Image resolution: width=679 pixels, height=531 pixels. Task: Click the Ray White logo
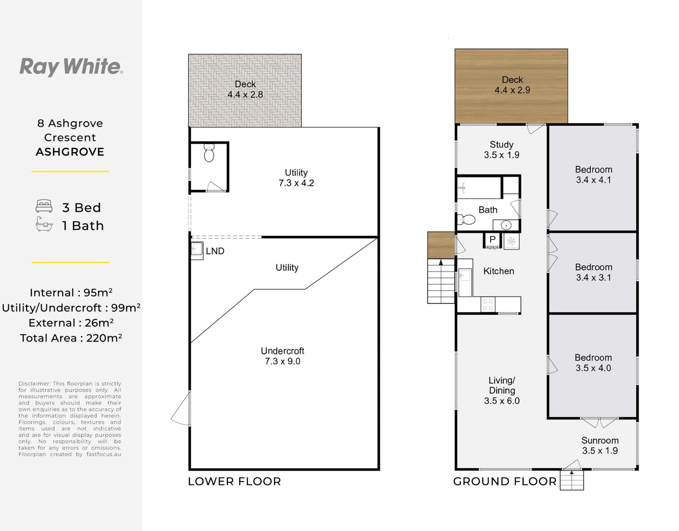(x=71, y=67)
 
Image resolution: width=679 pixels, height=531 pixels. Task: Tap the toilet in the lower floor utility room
(x=209, y=153)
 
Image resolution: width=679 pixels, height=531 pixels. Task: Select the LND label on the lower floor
(x=215, y=251)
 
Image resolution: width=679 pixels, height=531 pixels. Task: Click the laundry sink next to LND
(x=197, y=251)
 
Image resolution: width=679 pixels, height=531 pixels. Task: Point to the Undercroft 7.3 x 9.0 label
(x=282, y=356)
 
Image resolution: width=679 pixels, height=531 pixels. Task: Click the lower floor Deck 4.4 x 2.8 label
(x=245, y=89)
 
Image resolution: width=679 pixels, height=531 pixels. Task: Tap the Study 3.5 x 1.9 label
(x=501, y=150)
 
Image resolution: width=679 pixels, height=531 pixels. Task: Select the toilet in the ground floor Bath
(x=466, y=219)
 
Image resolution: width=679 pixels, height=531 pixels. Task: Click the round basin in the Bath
(x=506, y=225)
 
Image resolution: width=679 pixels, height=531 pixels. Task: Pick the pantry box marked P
(x=492, y=240)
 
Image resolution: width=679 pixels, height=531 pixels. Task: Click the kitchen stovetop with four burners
(x=488, y=304)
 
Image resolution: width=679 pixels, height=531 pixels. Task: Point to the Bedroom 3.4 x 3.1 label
(x=593, y=272)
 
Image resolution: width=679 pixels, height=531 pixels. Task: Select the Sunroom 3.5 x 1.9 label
(x=600, y=445)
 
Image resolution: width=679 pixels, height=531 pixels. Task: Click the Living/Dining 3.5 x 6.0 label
(x=502, y=390)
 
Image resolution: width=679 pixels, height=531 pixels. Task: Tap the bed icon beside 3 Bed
(x=44, y=206)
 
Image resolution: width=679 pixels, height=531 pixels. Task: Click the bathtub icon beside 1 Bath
(x=44, y=224)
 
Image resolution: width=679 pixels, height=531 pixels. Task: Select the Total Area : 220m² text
(x=71, y=338)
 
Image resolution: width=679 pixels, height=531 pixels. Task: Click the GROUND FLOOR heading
(x=505, y=481)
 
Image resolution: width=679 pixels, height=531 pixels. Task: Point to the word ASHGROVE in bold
(x=70, y=152)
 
